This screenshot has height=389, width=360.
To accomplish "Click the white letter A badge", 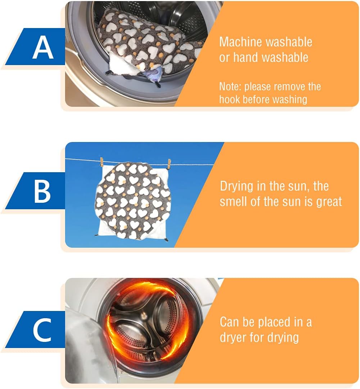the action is point(43,47).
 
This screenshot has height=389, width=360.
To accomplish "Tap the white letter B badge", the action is point(42,191).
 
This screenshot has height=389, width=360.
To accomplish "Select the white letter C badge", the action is point(42,330).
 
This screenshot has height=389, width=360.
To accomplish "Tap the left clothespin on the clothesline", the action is point(101,162).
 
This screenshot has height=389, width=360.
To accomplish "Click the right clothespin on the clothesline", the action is point(169,164).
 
